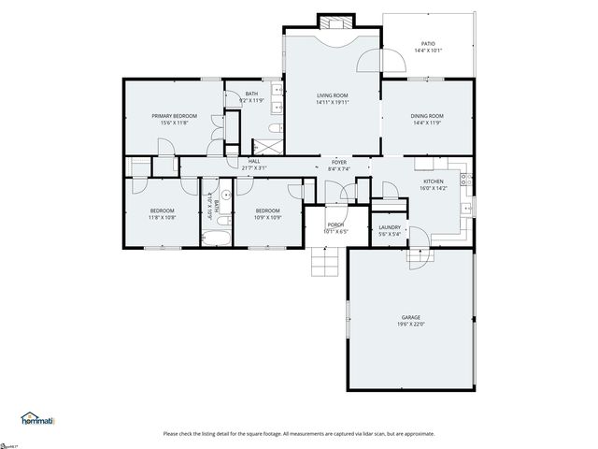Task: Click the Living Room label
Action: tap(332, 94)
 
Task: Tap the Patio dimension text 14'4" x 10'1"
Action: tap(428, 51)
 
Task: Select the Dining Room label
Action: tap(427, 116)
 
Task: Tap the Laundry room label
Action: tap(390, 227)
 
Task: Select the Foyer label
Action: tap(338, 162)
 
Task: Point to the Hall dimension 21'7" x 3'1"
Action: tap(254, 167)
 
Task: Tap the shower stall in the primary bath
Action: tap(266, 147)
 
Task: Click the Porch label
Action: tap(335, 224)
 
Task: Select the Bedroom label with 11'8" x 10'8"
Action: tap(163, 210)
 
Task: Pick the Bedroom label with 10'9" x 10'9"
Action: tap(268, 210)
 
